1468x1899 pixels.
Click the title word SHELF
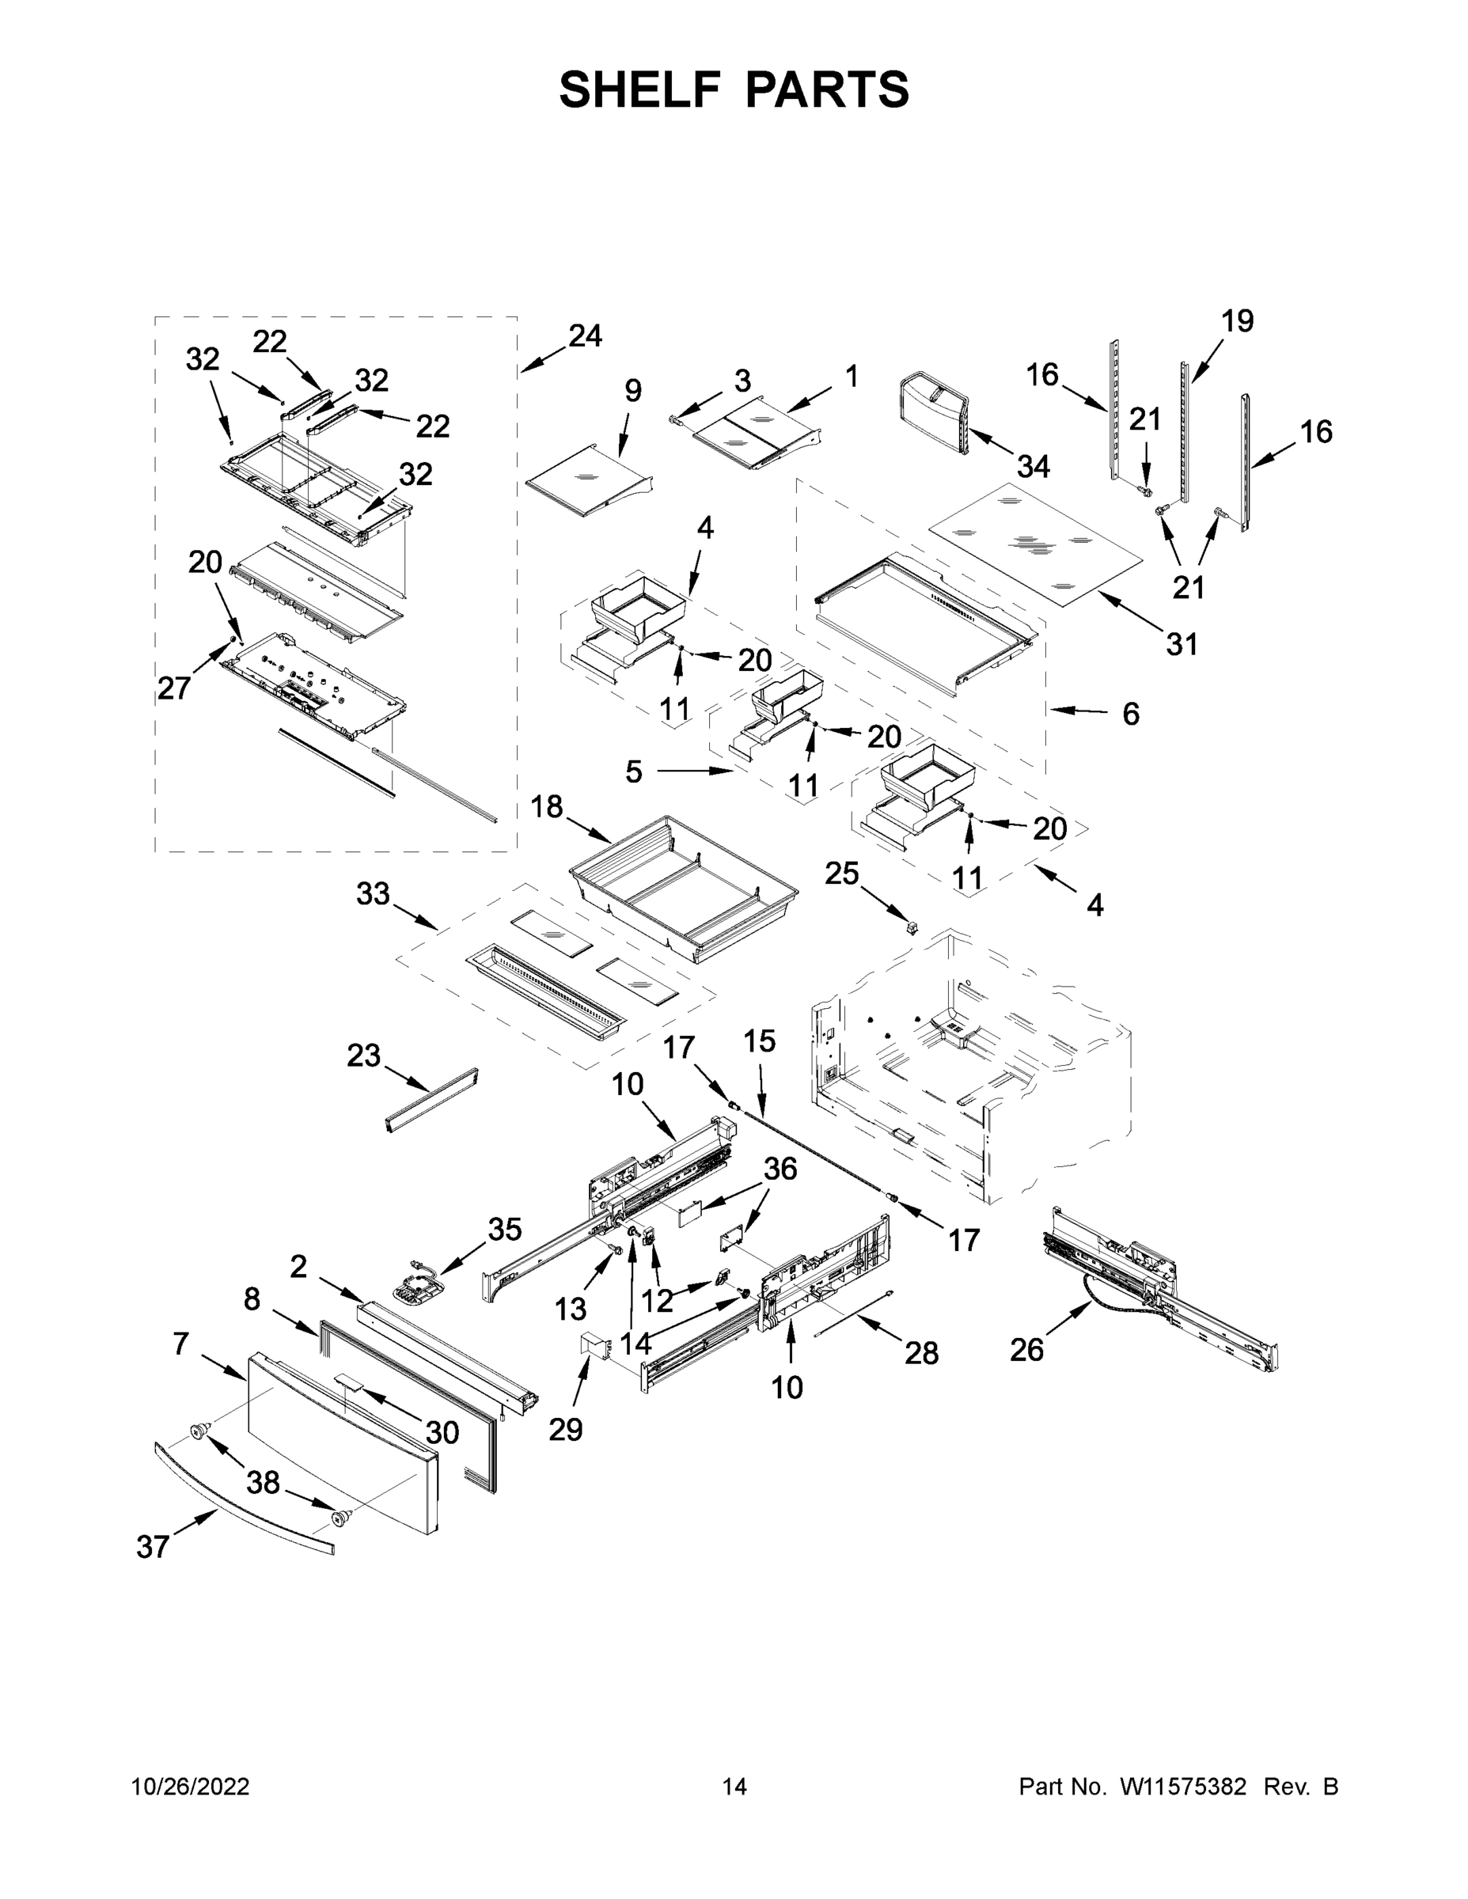pos(639,89)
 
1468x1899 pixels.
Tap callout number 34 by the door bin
pos(1034,467)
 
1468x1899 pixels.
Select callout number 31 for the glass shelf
pos(1182,643)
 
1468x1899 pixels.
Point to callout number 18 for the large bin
pos(547,807)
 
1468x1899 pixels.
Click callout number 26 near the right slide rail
pos(1026,1348)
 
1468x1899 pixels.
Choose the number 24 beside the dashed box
pos(586,335)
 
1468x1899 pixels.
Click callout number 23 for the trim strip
pos(363,1056)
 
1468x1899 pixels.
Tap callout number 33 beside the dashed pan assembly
pos(373,893)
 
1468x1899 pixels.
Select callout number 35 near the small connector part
pos(504,1229)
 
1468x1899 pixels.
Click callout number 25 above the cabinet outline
pos(842,873)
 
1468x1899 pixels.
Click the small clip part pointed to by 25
pos(912,928)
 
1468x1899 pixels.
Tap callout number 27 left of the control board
pos(174,688)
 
